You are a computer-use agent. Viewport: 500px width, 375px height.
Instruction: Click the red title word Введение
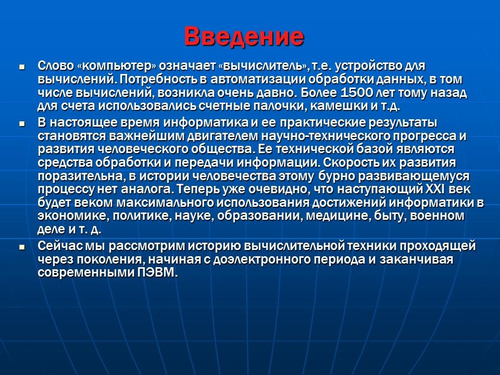click(244, 36)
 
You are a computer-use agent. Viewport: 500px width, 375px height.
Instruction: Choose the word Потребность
click(156, 80)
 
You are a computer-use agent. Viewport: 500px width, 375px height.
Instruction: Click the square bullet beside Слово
click(22, 67)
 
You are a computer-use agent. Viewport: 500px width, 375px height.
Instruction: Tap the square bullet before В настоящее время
click(22, 124)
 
